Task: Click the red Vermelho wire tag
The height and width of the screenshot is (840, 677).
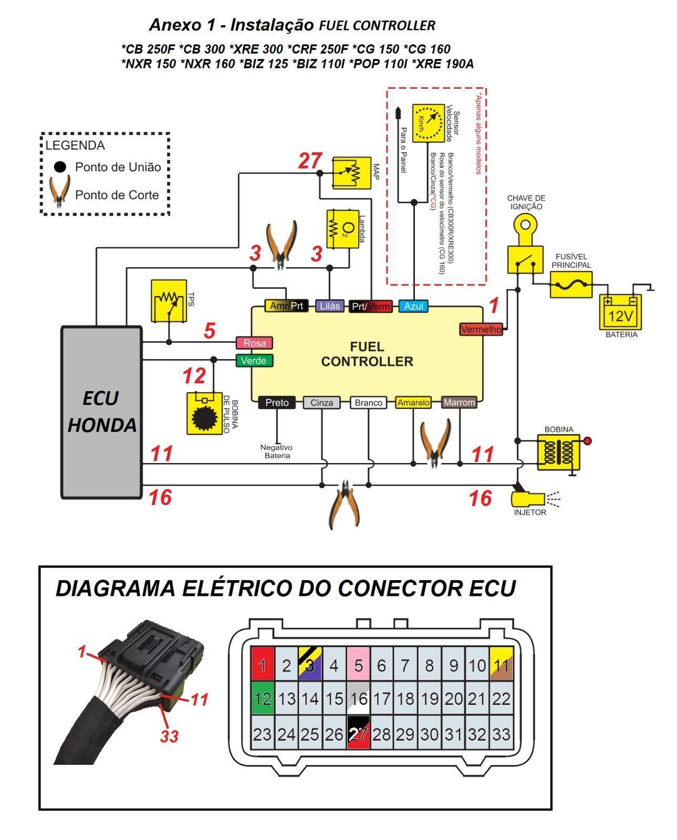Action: (x=481, y=329)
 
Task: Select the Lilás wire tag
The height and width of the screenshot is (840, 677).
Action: (x=329, y=306)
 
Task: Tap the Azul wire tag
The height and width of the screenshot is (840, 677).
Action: (x=413, y=306)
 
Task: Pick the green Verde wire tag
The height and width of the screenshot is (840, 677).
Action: (x=254, y=361)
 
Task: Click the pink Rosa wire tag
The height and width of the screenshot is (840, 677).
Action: (x=254, y=343)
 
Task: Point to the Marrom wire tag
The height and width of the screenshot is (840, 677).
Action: (x=459, y=403)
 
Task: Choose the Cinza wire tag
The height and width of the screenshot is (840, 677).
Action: (x=321, y=403)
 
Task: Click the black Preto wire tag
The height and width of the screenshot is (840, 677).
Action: (x=277, y=403)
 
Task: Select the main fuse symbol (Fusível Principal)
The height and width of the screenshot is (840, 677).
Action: (x=571, y=285)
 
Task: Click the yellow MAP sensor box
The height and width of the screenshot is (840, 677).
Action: (x=352, y=172)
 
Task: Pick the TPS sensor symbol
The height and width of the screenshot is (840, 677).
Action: (x=169, y=301)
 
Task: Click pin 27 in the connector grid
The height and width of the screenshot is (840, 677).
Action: (x=358, y=734)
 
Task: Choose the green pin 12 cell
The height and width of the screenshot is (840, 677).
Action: (x=262, y=698)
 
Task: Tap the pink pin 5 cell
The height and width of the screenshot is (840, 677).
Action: (x=358, y=665)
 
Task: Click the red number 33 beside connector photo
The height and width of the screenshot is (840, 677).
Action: (x=170, y=736)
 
